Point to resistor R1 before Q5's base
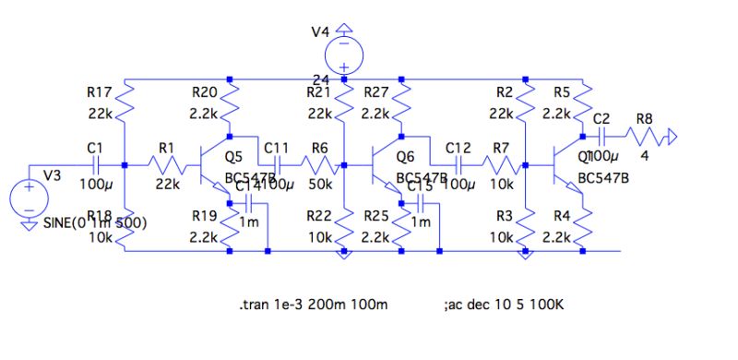coord(168,166)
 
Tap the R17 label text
coord(98,92)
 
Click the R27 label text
coord(376,92)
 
